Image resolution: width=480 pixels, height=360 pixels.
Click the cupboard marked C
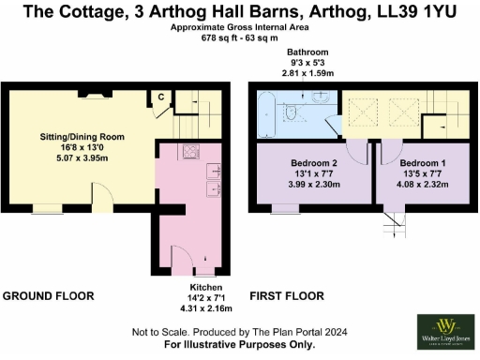coord(161,97)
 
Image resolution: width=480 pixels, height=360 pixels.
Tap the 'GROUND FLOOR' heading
coord(48,296)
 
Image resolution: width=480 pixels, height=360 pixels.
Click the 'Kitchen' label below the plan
coord(205,287)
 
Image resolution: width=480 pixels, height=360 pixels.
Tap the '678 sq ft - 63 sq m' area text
coord(239,39)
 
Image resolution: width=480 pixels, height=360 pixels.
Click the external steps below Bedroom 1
coord(393,222)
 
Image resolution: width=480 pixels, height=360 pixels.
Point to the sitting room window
coord(44,207)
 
